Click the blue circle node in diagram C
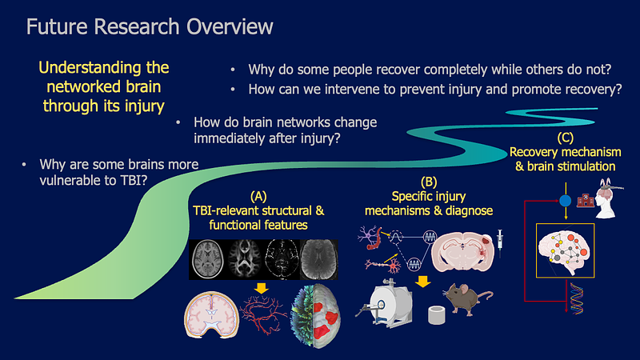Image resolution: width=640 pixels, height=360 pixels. [566, 201]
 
